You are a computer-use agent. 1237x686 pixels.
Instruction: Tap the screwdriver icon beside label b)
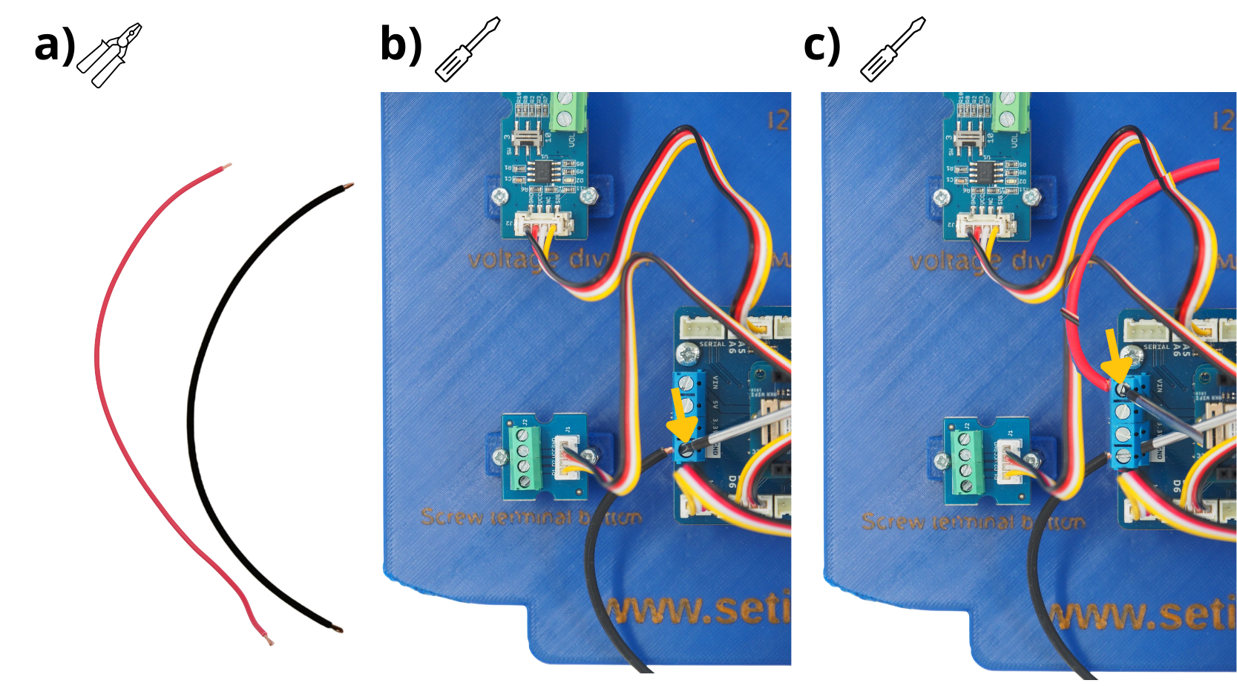(467, 49)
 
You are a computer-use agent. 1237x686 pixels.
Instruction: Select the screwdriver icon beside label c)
(893, 49)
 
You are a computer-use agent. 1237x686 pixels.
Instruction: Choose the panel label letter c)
(822, 46)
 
